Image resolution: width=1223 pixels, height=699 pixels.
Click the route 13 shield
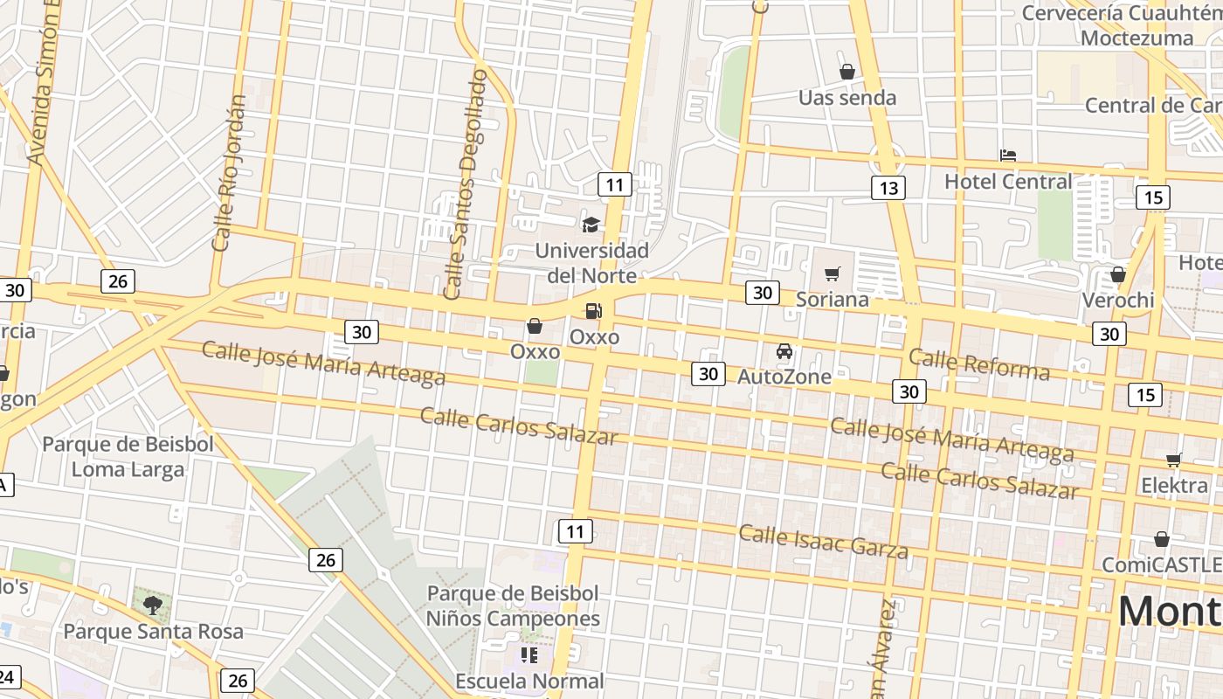click(888, 188)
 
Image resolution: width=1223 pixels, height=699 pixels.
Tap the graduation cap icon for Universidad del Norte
click(591, 225)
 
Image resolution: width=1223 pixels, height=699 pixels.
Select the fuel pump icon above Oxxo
click(593, 310)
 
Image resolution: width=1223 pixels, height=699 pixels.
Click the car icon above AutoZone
click(784, 351)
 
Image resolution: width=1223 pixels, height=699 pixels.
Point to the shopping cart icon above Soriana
click(833, 274)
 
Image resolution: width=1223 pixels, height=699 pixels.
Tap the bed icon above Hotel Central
click(1008, 156)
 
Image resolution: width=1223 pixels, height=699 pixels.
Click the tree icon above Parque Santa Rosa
click(153, 604)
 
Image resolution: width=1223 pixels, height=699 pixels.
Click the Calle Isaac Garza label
click(823, 541)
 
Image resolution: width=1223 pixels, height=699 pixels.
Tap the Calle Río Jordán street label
click(229, 174)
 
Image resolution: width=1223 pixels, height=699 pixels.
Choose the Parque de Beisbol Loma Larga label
click(128, 456)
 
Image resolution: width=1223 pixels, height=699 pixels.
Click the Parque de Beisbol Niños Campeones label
click(513, 606)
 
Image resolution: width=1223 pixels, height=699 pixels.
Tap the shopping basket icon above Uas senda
click(846, 72)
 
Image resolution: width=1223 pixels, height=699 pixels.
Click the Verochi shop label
click(1118, 300)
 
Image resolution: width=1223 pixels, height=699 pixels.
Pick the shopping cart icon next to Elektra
click(1173, 460)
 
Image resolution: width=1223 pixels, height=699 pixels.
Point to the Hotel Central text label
click(1008, 182)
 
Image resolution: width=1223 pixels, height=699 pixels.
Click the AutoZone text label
click(784, 377)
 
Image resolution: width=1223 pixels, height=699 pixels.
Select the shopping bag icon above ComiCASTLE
click(1162, 539)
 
